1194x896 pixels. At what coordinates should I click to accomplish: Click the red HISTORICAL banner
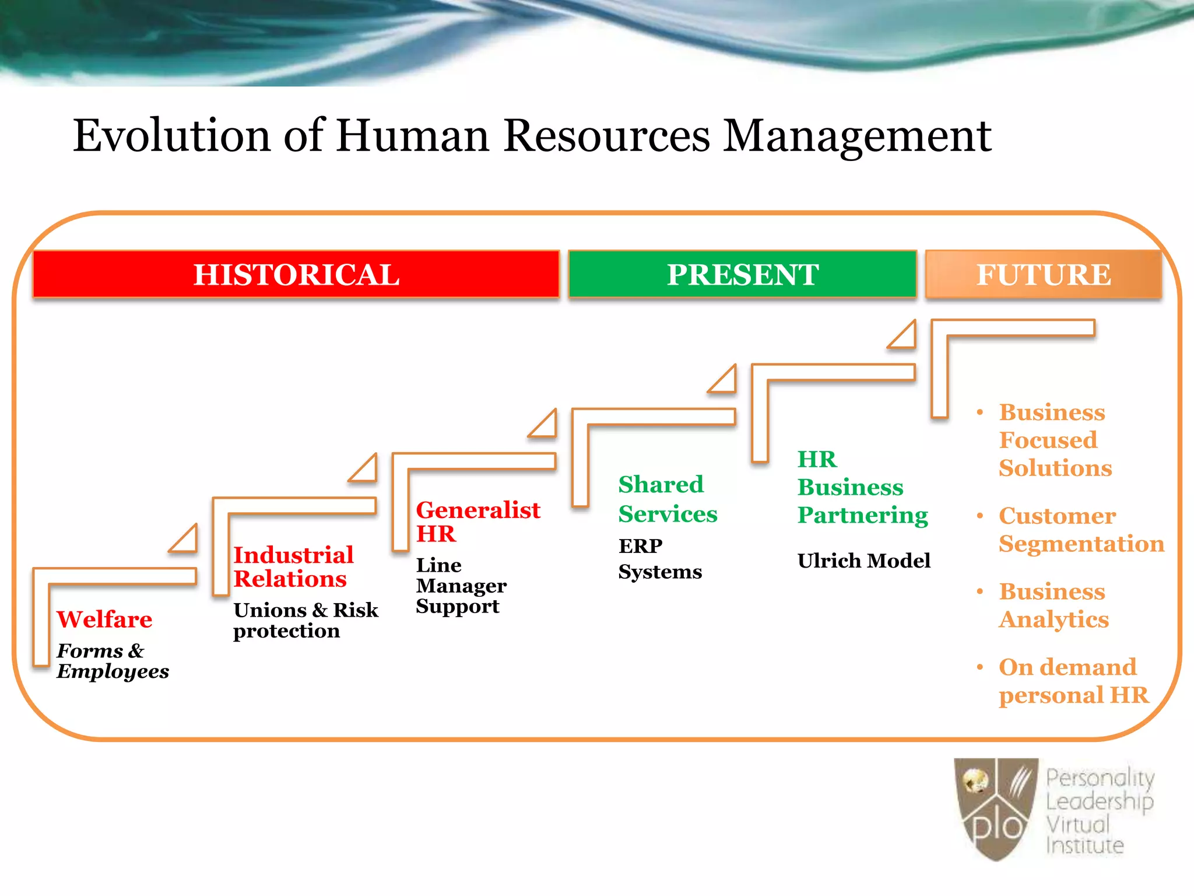pyautogui.click(x=296, y=274)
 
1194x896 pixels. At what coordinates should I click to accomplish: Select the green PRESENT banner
pyautogui.click(x=742, y=274)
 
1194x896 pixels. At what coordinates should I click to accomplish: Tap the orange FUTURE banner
pyautogui.click(x=1043, y=274)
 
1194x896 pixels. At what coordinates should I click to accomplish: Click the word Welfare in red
pyautogui.click(x=104, y=619)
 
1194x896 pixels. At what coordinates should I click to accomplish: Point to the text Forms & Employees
pyautogui.click(x=112, y=661)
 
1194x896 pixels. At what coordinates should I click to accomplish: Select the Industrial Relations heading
pyautogui.click(x=293, y=566)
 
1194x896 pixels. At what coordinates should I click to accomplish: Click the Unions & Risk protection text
pyautogui.click(x=305, y=620)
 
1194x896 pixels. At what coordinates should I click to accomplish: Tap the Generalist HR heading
pyautogui.click(x=477, y=521)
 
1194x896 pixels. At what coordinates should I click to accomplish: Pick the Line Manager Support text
pyautogui.click(x=460, y=586)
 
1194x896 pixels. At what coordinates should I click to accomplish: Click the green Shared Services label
pyautogui.click(x=667, y=499)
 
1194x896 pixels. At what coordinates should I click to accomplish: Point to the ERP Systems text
pyautogui.click(x=659, y=559)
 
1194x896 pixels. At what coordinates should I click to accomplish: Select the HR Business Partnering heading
pyautogui.click(x=862, y=487)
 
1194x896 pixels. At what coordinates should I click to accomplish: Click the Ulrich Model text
pyautogui.click(x=863, y=561)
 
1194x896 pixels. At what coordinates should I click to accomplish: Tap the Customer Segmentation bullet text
pyautogui.click(x=1080, y=530)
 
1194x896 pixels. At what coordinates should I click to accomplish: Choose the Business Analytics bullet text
pyautogui.click(x=1053, y=605)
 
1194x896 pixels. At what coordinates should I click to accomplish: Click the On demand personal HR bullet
pyautogui.click(x=1073, y=681)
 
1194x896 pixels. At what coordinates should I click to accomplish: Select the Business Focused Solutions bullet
pyautogui.click(x=1055, y=440)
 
